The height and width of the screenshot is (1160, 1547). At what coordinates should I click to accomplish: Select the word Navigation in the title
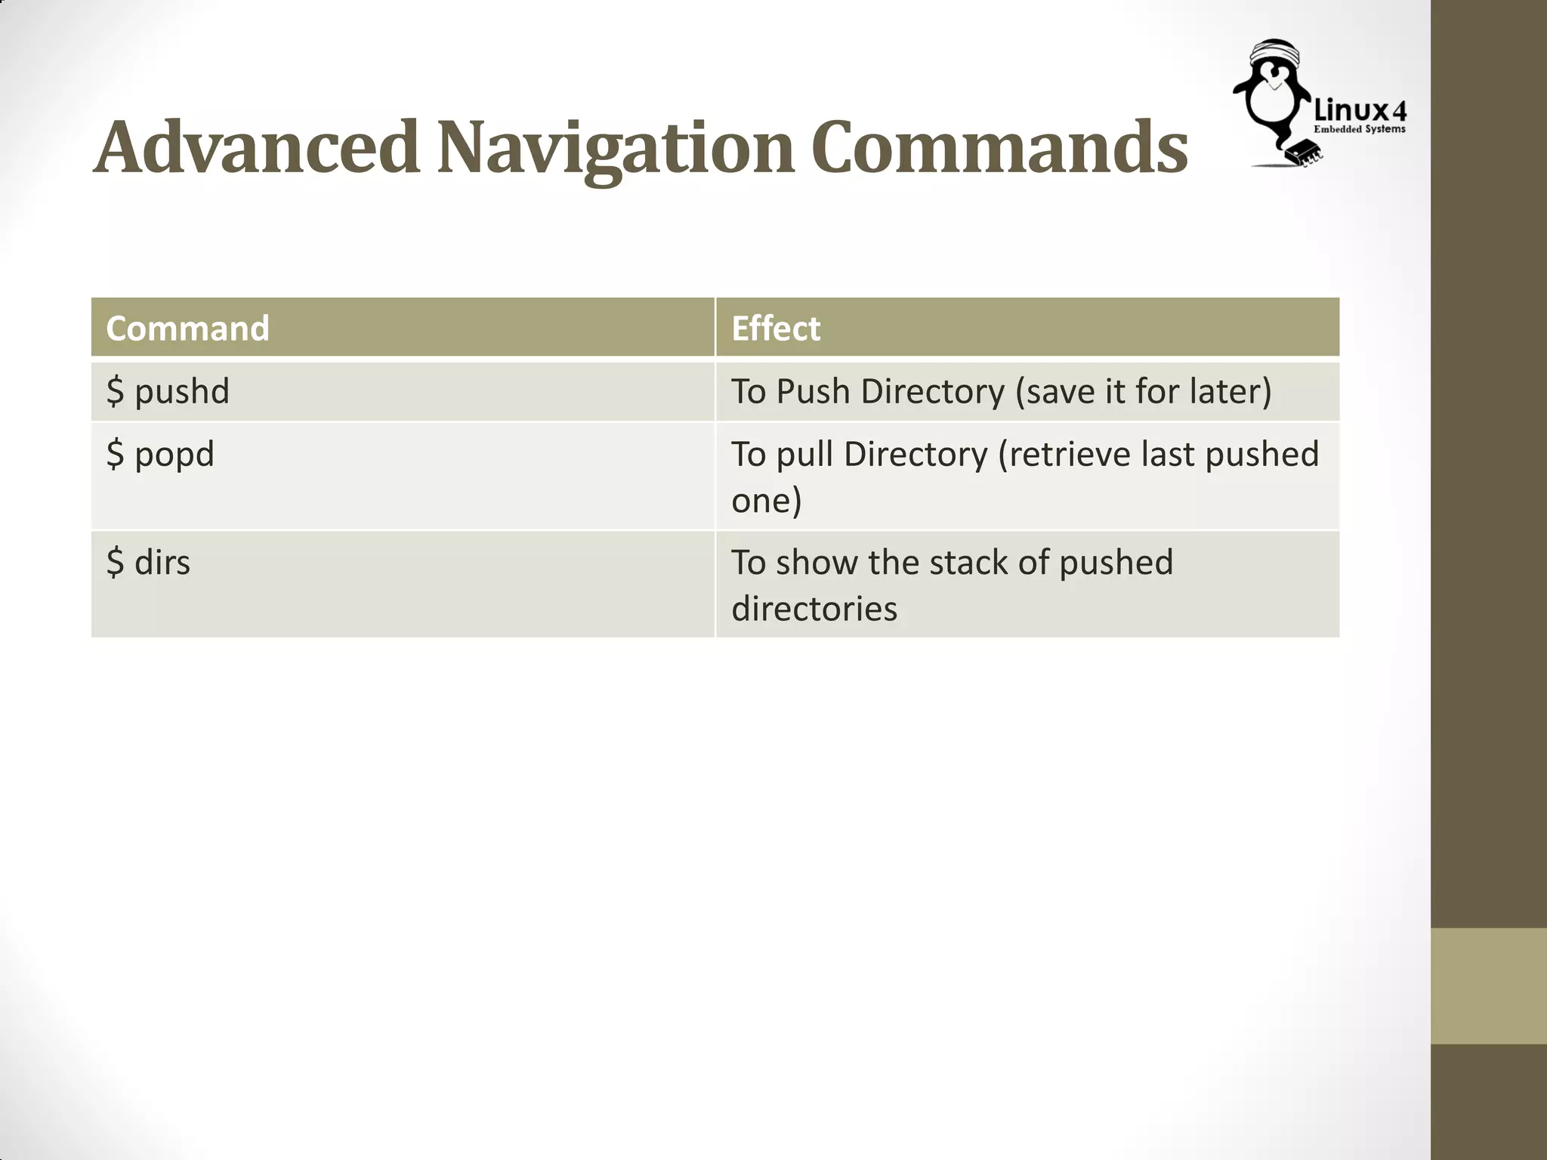point(616,148)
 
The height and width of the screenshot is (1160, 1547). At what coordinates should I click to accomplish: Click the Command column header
point(187,329)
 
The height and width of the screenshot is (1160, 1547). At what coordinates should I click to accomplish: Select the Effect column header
point(776,329)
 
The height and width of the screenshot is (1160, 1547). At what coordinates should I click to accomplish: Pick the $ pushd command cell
point(168,391)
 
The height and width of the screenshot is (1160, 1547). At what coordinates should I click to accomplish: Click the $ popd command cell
point(160,455)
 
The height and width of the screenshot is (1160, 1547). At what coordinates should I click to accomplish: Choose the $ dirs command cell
point(148,563)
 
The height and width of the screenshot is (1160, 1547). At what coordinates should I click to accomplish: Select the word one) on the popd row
point(766,501)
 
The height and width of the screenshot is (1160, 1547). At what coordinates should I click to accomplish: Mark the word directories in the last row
point(814,609)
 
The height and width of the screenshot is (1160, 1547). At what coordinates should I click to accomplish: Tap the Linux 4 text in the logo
point(1360,112)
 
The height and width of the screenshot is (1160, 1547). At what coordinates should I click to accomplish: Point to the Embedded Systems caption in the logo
point(1360,129)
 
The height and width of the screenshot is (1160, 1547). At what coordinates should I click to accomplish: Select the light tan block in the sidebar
point(1488,986)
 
